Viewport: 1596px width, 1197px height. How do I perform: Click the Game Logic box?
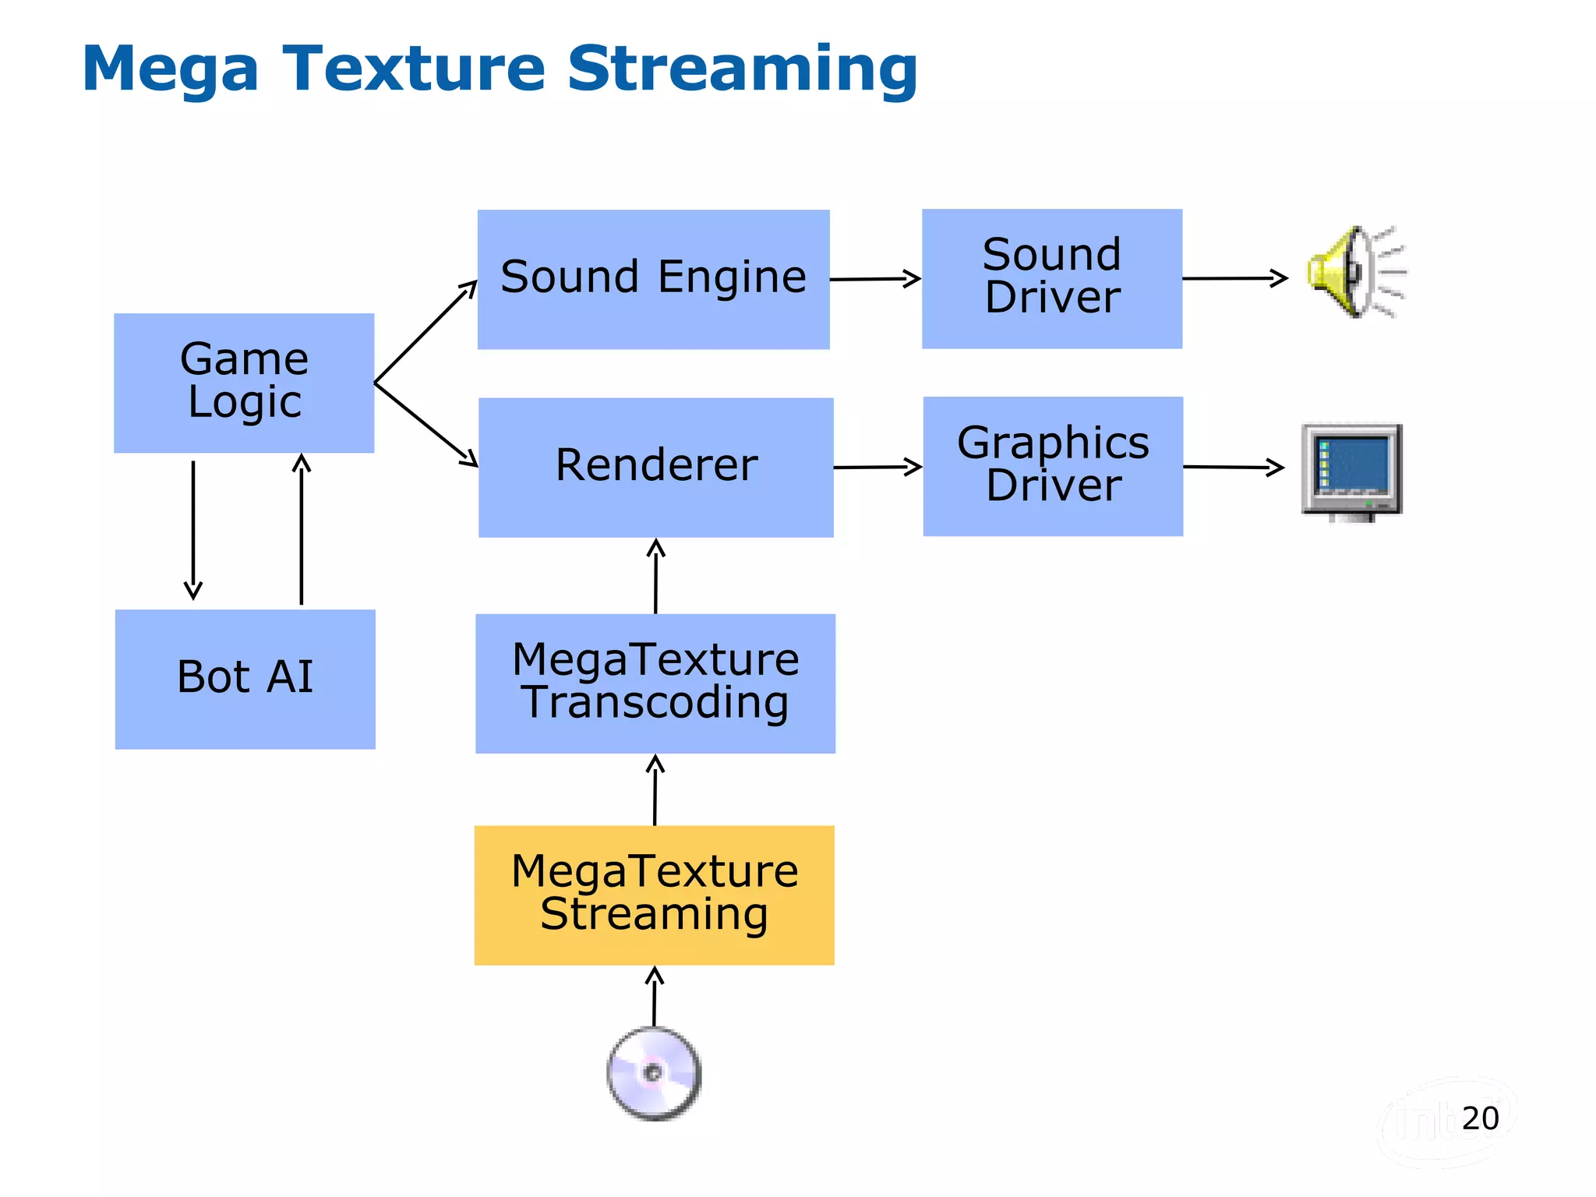coord(244,383)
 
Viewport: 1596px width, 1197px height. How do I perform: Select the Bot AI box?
coord(245,679)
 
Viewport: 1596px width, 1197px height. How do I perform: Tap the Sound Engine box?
coord(653,279)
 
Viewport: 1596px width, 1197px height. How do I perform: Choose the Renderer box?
coord(655,467)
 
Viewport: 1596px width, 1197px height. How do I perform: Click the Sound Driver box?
coord(1051,278)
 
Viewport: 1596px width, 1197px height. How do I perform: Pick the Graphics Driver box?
coord(1053,466)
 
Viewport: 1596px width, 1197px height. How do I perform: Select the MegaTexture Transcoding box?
coord(655,683)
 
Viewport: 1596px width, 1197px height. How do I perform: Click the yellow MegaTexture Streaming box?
coord(654,895)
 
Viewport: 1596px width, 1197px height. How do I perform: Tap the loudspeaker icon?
coord(1354,272)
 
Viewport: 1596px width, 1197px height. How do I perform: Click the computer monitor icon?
coord(1351,471)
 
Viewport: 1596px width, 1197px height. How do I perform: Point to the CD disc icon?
coord(654,1073)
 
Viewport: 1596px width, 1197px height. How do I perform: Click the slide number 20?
coord(1480,1118)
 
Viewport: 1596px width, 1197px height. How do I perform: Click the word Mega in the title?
coord(170,69)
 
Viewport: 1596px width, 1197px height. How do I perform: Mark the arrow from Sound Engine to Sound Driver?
coord(875,278)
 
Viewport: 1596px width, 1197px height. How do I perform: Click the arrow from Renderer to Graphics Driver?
coord(877,467)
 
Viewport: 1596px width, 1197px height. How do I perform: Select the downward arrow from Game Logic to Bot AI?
coord(193,530)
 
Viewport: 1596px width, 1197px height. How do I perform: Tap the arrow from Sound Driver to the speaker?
coord(1234,277)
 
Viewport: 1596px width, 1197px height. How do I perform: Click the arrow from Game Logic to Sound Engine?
coord(425,331)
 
